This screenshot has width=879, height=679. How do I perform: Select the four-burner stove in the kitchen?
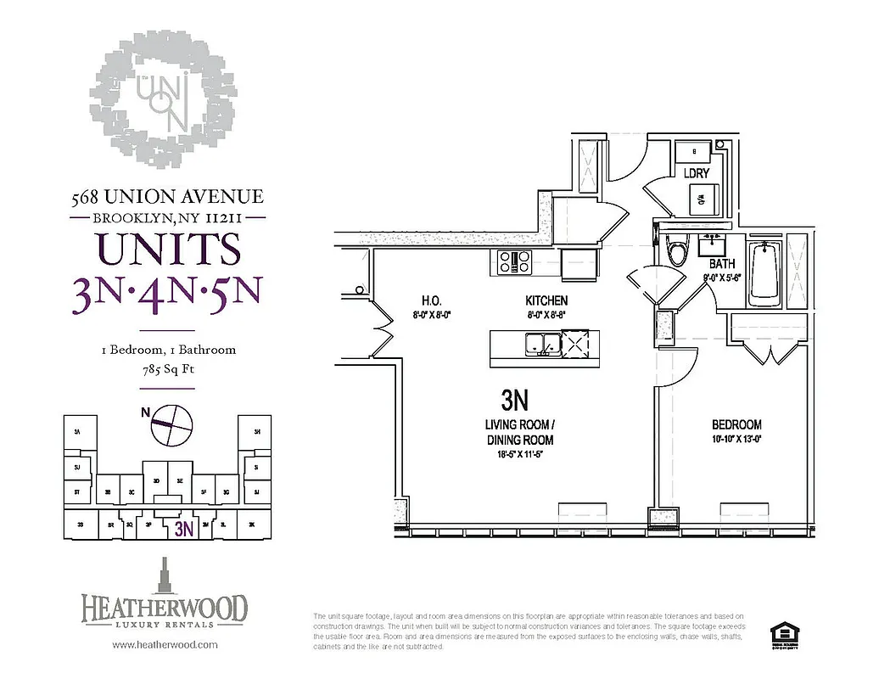pyautogui.click(x=515, y=262)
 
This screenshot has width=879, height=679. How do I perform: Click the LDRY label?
pyautogui.click(x=697, y=173)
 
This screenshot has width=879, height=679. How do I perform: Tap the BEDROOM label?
pyautogui.click(x=736, y=424)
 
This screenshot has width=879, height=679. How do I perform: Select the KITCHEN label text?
pyautogui.click(x=546, y=301)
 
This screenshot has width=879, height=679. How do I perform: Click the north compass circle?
pyautogui.click(x=171, y=424)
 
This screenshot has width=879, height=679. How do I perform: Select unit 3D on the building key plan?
pyautogui.click(x=155, y=480)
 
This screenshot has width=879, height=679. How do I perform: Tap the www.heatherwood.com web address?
pyautogui.click(x=165, y=644)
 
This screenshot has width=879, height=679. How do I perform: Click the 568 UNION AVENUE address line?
pyautogui.click(x=167, y=197)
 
